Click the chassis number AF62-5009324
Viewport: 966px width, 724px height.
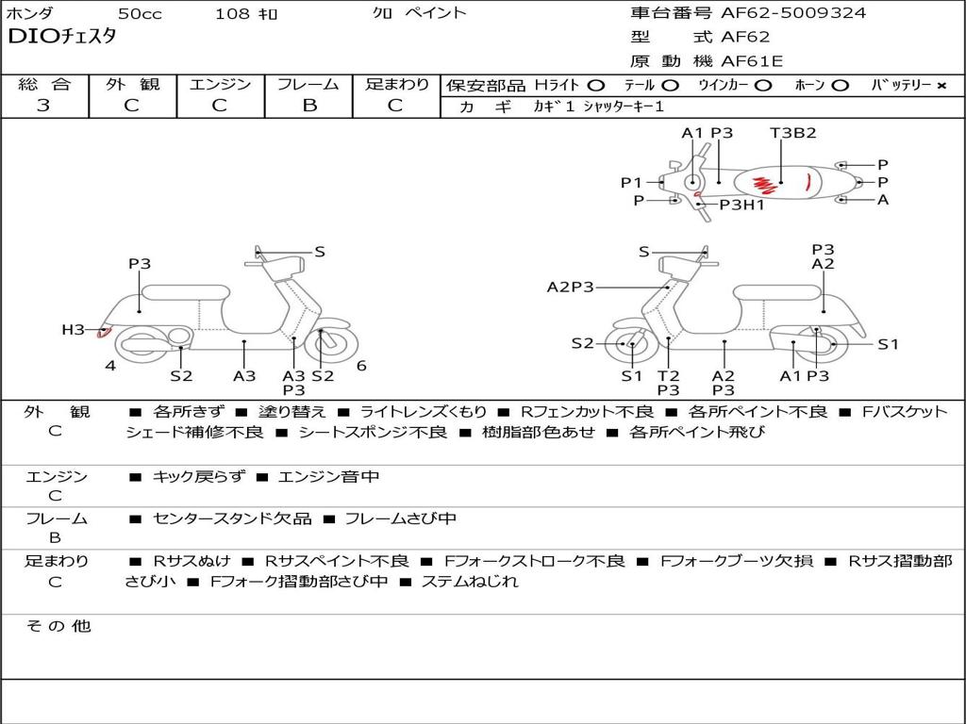tap(793, 13)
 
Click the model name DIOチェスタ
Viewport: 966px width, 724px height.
tap(61, 37)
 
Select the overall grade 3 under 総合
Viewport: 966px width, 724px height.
tap(43, 106)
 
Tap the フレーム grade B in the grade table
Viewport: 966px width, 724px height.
tap(309, 106)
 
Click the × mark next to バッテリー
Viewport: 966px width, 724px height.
tap(941, 86)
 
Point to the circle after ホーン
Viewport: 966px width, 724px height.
tap(841, 86)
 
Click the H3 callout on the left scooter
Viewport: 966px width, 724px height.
tap(73, 330)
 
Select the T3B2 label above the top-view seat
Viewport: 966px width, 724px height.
tap(792, 133)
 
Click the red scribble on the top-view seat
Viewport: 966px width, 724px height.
tap(763, 184)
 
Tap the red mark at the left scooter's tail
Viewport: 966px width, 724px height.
tap(104, 333)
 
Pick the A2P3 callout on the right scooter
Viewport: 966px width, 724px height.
tap(571, 287)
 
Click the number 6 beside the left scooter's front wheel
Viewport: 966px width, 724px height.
tap(361, 366)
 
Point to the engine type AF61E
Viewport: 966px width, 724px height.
tap(752, 61)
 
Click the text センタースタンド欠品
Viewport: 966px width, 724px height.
tap(232, 519)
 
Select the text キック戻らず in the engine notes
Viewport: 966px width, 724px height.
tap(199, 476)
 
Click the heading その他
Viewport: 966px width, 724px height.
tap(58, 626)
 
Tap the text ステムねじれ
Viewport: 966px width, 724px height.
tap(470, 581)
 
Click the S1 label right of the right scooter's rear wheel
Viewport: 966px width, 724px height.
tap(888, 344)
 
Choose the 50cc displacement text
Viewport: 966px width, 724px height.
tap(140, 13)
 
